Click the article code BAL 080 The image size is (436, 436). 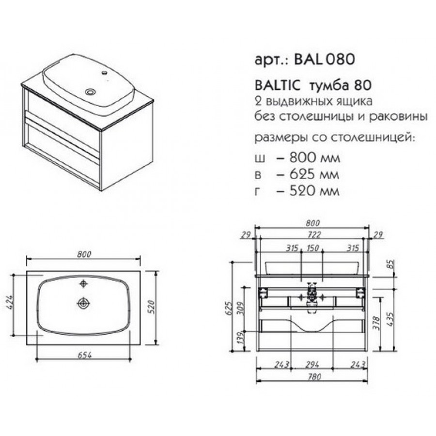point(325,59)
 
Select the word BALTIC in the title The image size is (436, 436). point(278,85)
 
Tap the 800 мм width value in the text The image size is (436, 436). point(315,158)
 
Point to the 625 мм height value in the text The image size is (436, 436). point(314,174)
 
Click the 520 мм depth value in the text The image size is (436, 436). point(314,191)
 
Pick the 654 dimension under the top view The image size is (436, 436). point(84,355)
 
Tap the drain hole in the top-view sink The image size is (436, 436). point(83,303)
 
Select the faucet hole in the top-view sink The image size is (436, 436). point(83,284)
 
